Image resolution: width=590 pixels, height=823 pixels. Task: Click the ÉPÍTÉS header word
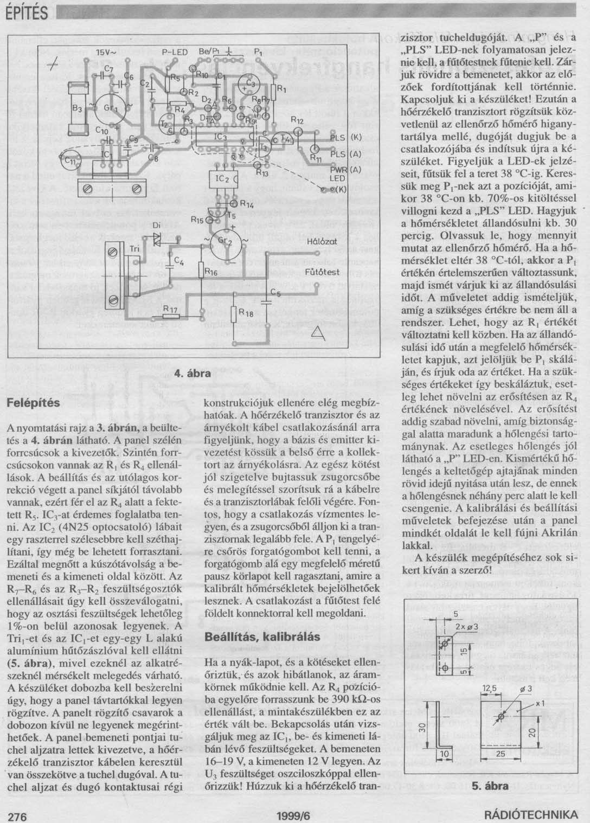(x=24, y=13)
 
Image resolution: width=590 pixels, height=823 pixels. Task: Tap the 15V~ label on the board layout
(x=106, y=53)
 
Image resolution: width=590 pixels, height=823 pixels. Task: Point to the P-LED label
(x=174, y=52)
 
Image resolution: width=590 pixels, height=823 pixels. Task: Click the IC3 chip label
(x=221, y=137)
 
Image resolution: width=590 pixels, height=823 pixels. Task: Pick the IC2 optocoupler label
(x=223, y=178)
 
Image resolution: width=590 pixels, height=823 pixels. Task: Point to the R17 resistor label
(x=170, y=309)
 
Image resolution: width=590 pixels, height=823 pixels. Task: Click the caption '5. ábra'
(x=491, y=785)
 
